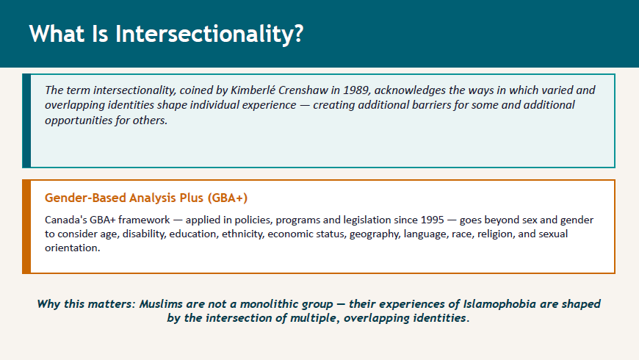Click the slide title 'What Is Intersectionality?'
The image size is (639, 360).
(x=166, y=34)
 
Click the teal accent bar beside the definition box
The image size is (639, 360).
(x=26, y=120)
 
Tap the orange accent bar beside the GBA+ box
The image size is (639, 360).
(x=26, y=227)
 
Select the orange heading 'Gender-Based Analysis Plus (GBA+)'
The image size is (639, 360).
(x=146, y=198)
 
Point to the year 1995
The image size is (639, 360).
(x=432, y=220)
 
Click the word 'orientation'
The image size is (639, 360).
(x=72, y=248)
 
